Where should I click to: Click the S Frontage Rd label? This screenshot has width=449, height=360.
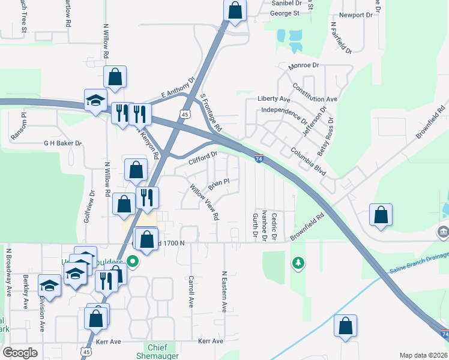pyautogui.click(x=211, y=113)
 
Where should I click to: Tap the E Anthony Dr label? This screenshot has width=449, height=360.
pyautogui.click(x=178, y=88)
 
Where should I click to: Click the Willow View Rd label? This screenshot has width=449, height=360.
pyautogui.click(x=204, y=202)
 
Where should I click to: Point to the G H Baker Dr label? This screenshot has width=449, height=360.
pyautogui.click(x=62, y=143)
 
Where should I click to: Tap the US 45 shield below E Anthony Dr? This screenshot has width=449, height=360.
pyautogui.click(x=184, y=114)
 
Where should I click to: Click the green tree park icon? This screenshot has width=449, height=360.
pyautogui.click(x=297, y=262)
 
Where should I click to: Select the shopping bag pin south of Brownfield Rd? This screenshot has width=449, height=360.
pyautogui.click(x=381, y=215)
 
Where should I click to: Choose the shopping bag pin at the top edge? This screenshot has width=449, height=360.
pyautogui.click(x=235, y=10)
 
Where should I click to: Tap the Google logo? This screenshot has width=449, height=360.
pyautogui.click(x=20, y=353)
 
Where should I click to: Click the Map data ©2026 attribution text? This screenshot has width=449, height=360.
pyautogui.click(x=422, y=355)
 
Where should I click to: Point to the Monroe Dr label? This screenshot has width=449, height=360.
pyautogui.click(x=303, y=65)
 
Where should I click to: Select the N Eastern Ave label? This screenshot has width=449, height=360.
pyautogui.click(x=224, y=291)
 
